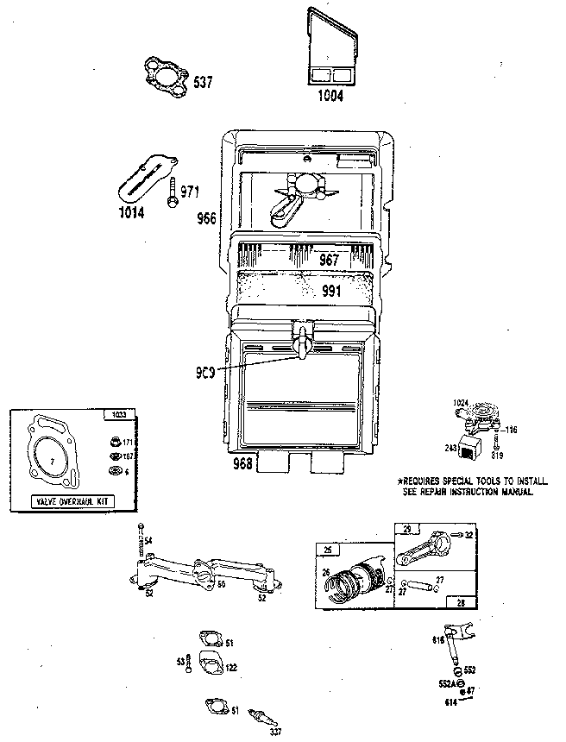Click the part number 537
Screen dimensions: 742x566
tap(202, 83)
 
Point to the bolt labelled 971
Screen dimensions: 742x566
tap(174, 192)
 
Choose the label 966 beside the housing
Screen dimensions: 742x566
tap(207, 218)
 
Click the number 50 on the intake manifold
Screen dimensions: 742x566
tap(220, 584)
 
